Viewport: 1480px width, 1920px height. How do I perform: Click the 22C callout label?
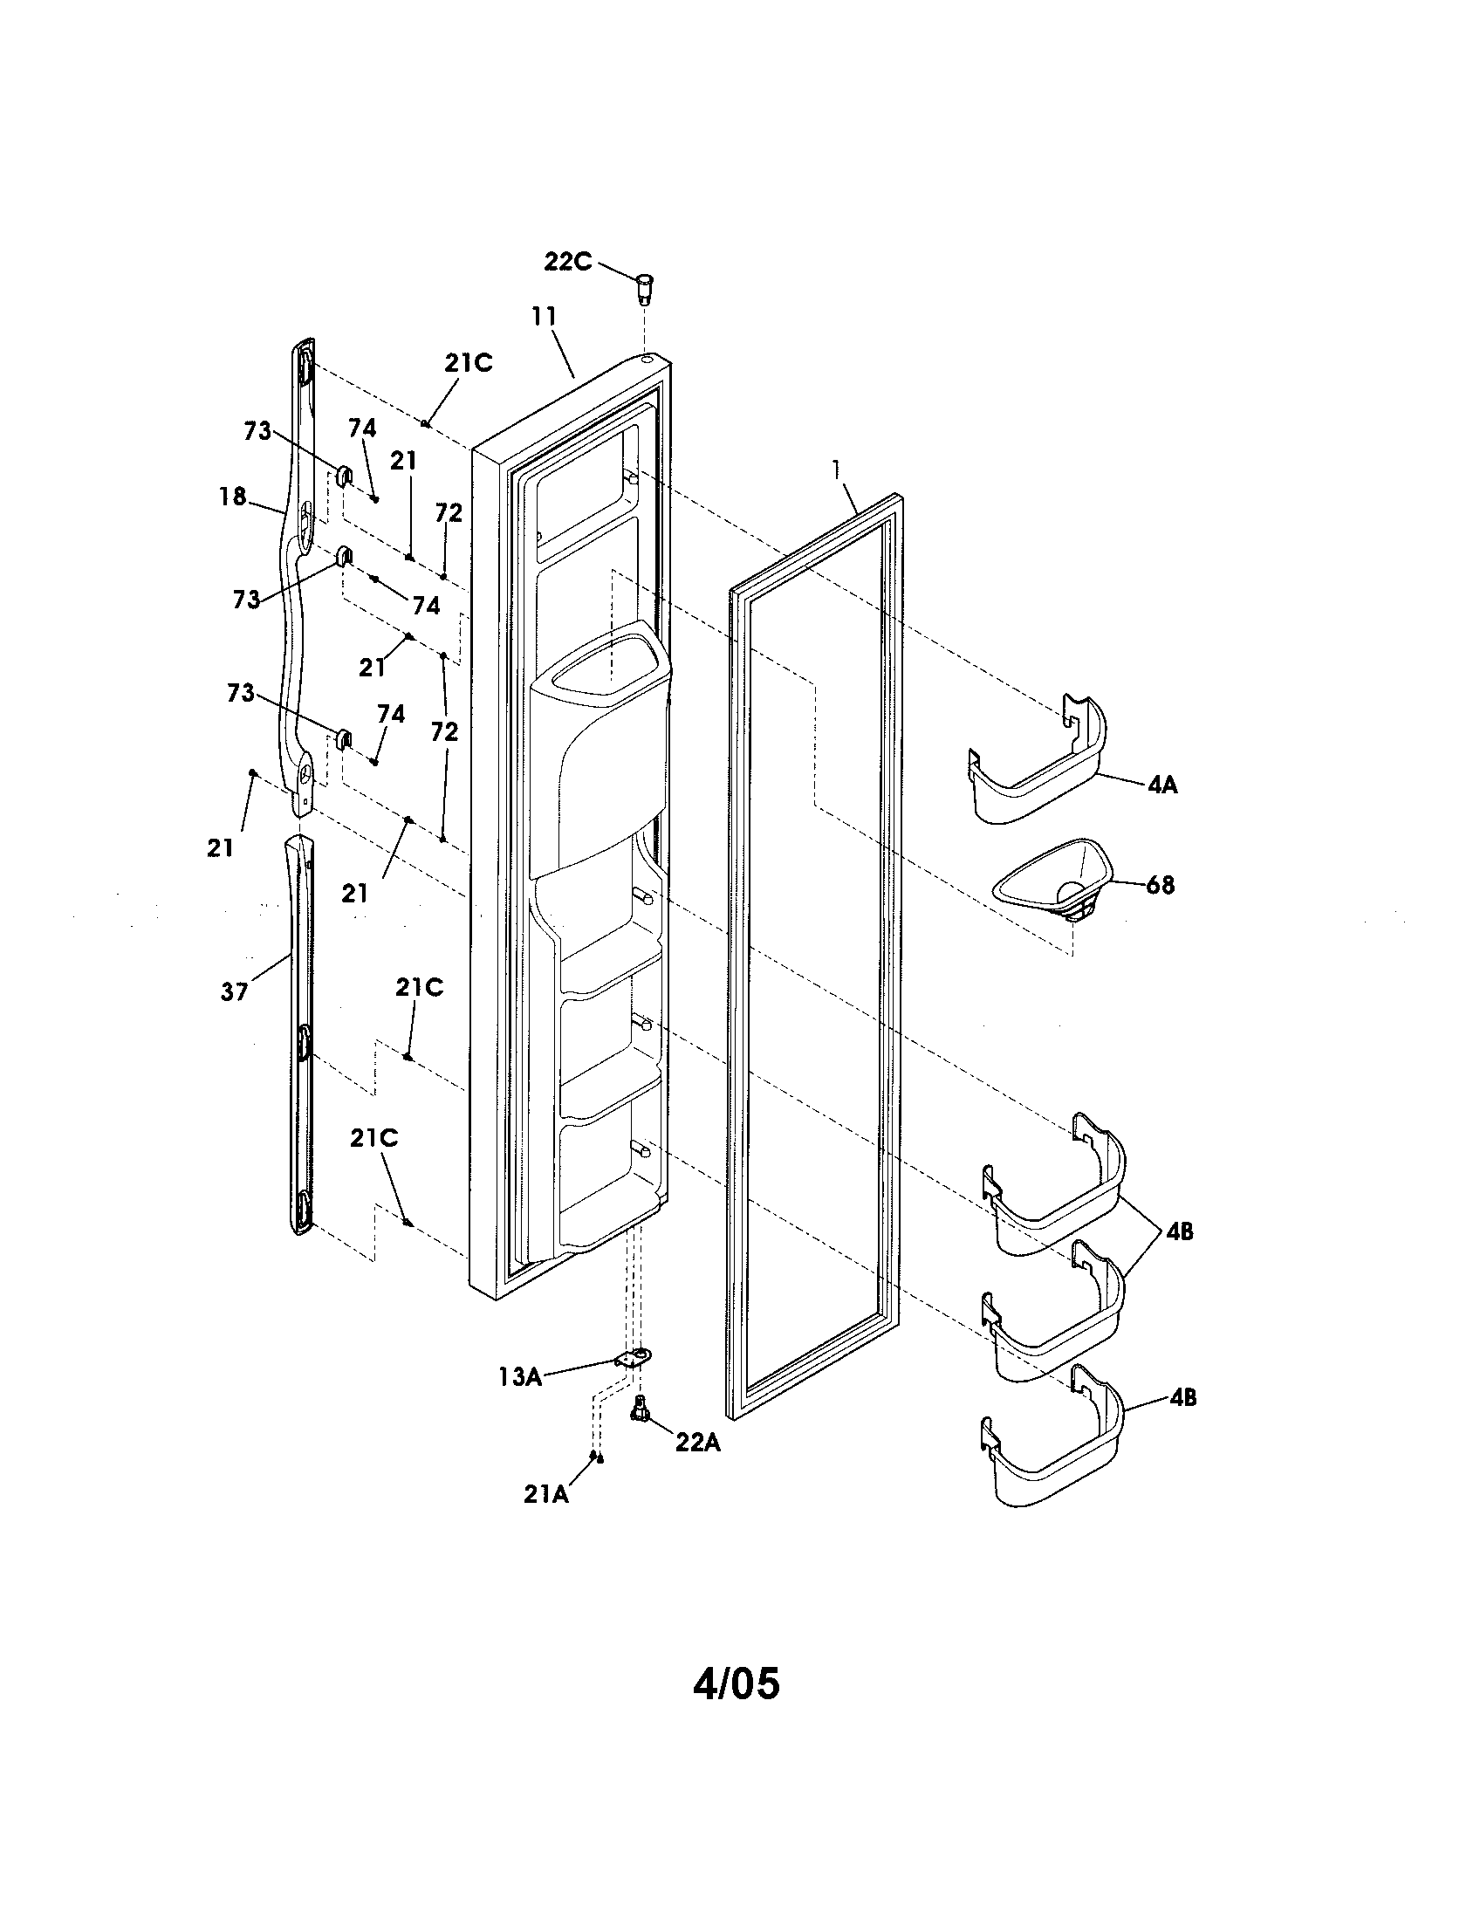coord(567,261)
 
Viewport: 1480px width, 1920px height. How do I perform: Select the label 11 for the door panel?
coord(544,316)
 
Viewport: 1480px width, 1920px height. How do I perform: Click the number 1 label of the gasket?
coord(838,471)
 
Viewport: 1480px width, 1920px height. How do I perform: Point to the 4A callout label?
coord(1161,785)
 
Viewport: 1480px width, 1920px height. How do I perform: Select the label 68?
coord(1160,884)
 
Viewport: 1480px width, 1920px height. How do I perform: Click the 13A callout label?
coord(519,1376)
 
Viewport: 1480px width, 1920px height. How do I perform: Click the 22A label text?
coord(698,1443)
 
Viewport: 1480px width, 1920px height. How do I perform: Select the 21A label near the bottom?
coord(545,1493)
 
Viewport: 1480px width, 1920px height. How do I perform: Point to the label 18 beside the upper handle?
coord(233,496)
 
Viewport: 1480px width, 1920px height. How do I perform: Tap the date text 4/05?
coord(736,1683)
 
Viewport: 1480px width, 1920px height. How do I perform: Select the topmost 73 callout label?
coord(257,432)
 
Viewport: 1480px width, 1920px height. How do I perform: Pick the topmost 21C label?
coord(468,363)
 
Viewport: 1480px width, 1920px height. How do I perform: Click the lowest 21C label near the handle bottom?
coord(373,1138)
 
